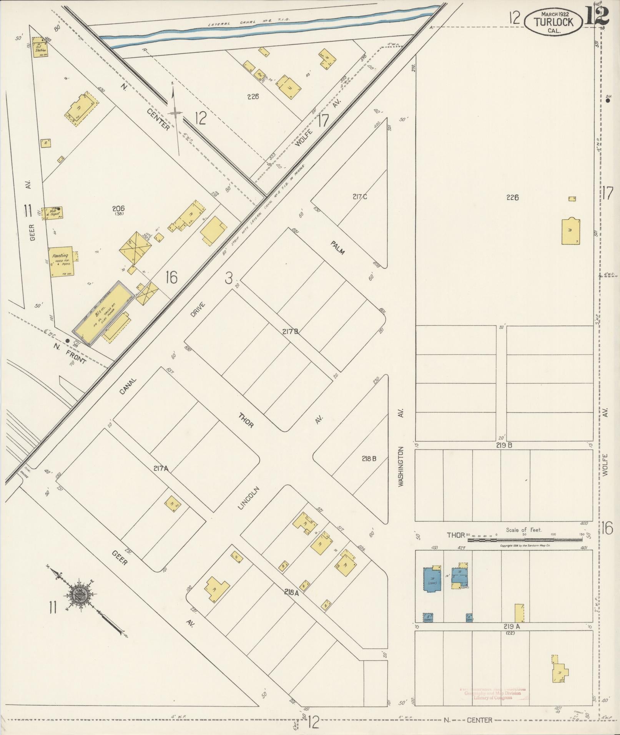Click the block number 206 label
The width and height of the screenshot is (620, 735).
[x=118, y=209]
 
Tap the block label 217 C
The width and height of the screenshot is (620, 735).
[x=360, y=197]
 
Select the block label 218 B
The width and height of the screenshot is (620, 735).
[x=369, y=458]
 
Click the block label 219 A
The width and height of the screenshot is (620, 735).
[x=512, y=626]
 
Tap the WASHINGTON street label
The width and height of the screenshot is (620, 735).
[x=401, y=466]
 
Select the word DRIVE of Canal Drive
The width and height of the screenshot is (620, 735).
[x=197, y=310]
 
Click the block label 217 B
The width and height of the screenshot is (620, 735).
[x=290, y=331]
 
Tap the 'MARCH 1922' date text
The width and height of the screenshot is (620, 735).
[x=555, y=14]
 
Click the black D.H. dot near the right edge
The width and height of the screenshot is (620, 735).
[x=608, y=101]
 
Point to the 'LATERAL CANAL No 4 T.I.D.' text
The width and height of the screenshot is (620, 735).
[x=249, y=23]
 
